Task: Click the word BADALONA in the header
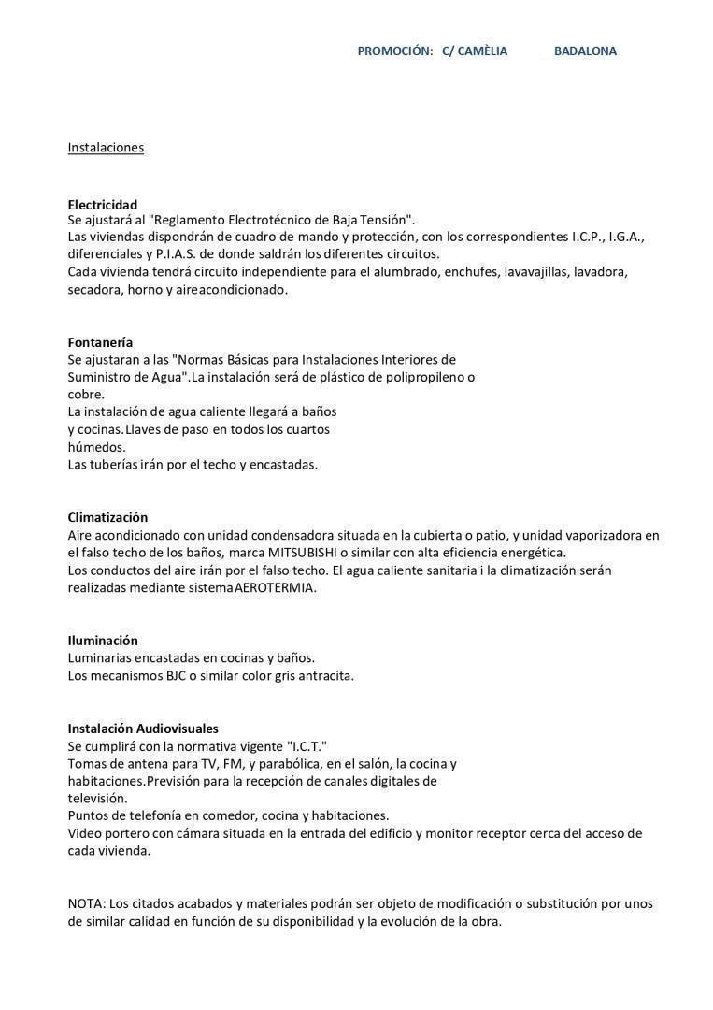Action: (x=585, y=51)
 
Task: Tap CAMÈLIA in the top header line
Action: (x=482, y=51)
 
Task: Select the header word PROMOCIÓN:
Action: (x=394, y=51)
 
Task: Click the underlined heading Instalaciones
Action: (x=106, y=148)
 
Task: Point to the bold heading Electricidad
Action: (x=103, y=205)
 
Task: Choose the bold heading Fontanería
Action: (x=100, y=342)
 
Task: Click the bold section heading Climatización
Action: (x=107, y=517)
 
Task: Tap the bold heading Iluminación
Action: (x=103, y=641)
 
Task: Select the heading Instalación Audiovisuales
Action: (x=143, y=729)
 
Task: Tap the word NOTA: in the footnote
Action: (x=87, y=903)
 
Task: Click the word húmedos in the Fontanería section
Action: (x=96, y=447)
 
